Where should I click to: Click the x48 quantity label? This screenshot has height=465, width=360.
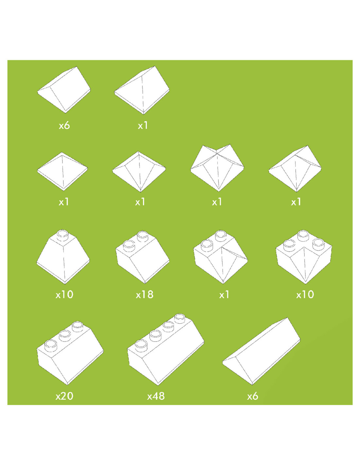tap(156, 396)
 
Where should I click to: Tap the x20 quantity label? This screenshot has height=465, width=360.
tap(64, 396)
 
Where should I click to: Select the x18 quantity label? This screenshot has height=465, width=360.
tap(145, 295)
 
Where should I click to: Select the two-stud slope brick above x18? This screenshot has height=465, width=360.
tap(142, 257)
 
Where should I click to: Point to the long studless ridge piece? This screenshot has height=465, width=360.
tap(261, 351)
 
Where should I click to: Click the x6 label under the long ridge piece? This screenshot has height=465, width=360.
tap(253, 396)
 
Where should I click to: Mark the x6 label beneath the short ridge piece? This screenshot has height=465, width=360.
tap(64, 125)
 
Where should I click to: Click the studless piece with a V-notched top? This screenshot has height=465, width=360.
tap(217, 168)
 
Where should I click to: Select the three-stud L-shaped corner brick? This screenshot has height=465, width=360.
tap(304, 257)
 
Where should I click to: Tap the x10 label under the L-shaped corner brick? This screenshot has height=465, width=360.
tap(305, 295)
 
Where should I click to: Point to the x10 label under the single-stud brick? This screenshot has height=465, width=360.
tap(64, 295)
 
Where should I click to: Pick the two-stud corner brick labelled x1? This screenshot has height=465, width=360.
tap(221, 257)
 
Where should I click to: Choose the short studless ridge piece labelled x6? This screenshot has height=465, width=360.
tap(64, 90)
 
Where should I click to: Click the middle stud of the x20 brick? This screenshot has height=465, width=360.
tap(65, 336)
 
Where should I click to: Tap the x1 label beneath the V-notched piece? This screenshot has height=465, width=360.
tap(217, 202)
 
